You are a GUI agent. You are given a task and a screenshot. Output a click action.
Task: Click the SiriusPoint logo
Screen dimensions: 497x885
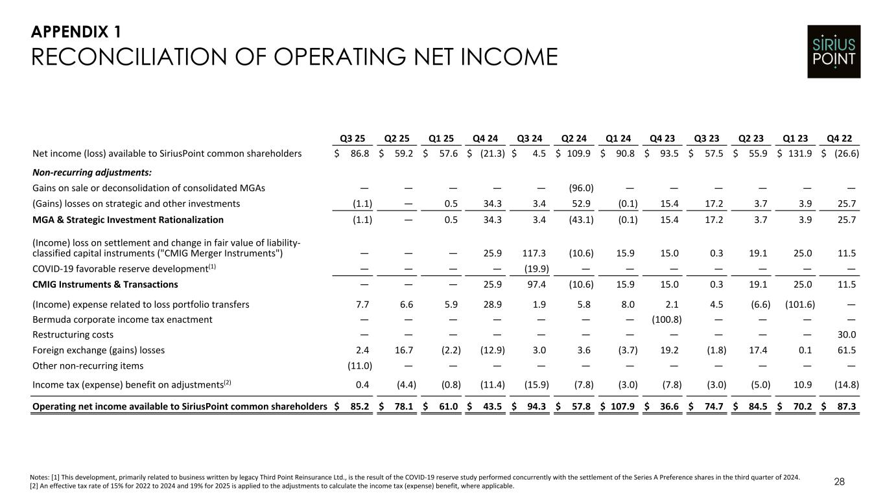coord(834,52)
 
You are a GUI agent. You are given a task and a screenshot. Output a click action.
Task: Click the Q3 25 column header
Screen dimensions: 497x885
coord(353,137)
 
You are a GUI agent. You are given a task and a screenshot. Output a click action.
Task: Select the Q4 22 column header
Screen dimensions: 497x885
coord(845,137)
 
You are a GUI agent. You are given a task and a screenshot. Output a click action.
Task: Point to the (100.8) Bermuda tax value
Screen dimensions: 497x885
coord(663,319)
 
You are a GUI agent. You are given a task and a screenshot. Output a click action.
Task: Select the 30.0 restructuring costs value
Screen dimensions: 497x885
coord(847,335)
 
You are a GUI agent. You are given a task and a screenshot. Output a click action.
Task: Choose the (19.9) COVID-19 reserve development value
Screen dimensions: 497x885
coord(536,269)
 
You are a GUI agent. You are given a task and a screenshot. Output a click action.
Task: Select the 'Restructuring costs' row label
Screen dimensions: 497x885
coord(73,335)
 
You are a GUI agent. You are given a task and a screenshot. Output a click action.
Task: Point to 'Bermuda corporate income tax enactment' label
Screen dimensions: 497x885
coord(123,319)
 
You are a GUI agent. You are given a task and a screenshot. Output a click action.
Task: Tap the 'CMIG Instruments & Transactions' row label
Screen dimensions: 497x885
coord(105,284)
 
